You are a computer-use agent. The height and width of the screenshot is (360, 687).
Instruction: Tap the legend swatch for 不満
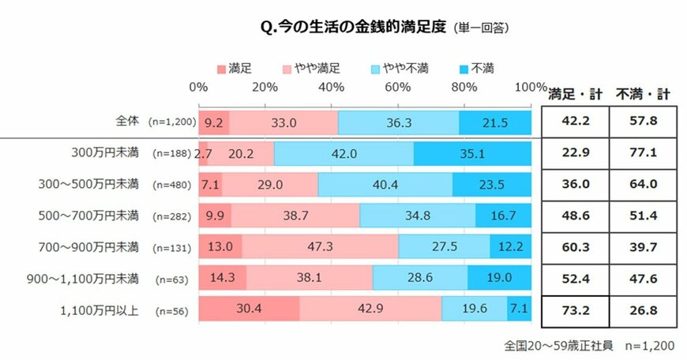tap(462, 69)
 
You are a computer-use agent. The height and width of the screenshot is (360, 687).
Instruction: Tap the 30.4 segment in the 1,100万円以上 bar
tap(249, 309)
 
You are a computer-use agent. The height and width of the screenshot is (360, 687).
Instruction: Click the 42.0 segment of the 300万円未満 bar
tap(343, 153)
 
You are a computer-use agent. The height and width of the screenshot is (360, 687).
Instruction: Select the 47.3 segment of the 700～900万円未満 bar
tap(320, 247)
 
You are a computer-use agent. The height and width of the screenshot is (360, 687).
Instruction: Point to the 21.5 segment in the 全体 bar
tap(494, 122)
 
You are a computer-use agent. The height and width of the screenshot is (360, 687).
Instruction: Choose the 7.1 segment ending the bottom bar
tap(519, 309)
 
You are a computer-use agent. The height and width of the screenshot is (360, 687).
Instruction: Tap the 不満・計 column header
tap(643, 94)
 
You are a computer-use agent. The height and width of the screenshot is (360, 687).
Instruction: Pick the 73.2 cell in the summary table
tap(575, 309)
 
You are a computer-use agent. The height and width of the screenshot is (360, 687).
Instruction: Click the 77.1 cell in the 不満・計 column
tap(643, 153)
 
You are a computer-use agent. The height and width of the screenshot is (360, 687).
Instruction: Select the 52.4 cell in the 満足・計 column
tap(575, 278)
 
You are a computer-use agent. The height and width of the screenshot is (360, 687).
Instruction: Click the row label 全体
tap(126, 122)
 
